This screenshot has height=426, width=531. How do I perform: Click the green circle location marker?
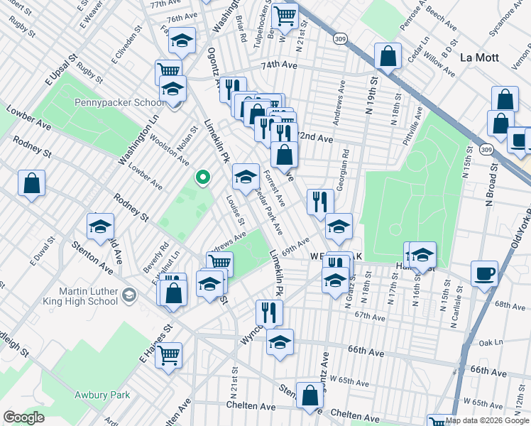203,177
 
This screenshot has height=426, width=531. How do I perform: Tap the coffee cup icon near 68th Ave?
484,273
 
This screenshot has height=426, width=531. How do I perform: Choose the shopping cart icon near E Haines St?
168,355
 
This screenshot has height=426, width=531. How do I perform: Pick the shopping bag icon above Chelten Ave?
310,395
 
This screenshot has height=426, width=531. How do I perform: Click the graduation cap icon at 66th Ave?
280,342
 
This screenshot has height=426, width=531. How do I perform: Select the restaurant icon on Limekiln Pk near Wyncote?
269,312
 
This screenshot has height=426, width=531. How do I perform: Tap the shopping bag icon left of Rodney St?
32,183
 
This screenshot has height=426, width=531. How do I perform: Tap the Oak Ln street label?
491,342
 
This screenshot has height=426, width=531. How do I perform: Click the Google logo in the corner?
23,417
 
